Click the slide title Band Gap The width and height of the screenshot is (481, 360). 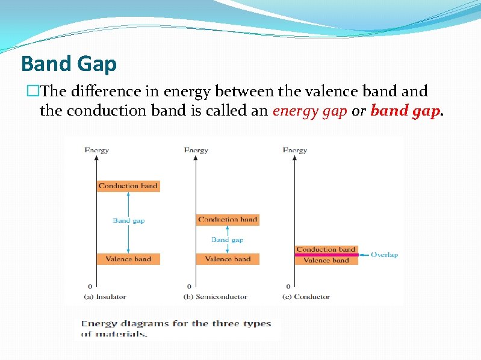(69, 63)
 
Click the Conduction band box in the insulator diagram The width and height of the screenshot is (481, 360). (128, 186)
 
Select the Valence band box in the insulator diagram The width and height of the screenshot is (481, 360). (128, 259)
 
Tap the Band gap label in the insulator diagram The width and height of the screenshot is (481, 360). (129, 220)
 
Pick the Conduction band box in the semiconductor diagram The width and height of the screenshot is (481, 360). (228, 220)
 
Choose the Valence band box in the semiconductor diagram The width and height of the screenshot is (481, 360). (228, 259)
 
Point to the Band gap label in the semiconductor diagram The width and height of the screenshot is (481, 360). (228, 240)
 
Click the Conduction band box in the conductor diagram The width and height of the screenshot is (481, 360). (326, 249)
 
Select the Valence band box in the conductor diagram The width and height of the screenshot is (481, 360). (326, 261)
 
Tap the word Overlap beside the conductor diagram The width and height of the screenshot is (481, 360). (384, 255)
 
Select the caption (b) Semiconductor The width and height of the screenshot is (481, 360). (215, 297)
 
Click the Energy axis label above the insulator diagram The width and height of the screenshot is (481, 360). (97, 151)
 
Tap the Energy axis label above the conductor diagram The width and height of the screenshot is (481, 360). (295, 151)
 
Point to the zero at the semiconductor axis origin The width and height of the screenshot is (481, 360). (190, 287)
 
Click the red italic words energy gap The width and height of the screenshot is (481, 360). (309, 111)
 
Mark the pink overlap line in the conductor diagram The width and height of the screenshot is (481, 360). (326, 255)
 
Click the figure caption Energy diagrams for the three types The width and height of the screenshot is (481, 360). (176, 324)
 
